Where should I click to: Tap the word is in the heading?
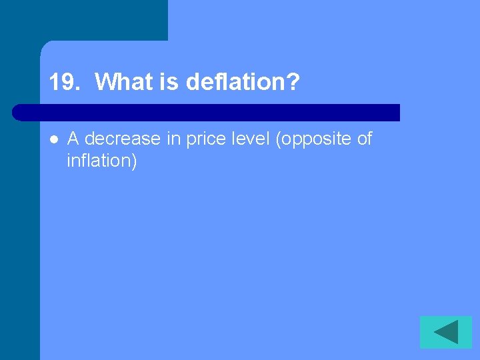pos(169,83)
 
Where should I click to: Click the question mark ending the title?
pos(293,83)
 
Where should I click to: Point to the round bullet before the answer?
pos(53,139)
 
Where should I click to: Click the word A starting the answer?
pos(73,139)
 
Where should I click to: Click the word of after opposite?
pos(364,139)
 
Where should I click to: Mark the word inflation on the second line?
pos(98,161)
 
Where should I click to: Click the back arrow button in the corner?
pos(446,332)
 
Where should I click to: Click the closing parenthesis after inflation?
pos(134,161)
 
